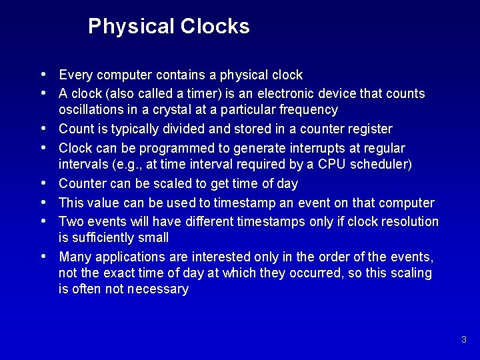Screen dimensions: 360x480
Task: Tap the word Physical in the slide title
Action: click(x=130, y=27)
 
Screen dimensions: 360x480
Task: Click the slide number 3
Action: click(x=463, y=340)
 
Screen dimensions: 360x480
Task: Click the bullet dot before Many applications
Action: click(x=43, y=256)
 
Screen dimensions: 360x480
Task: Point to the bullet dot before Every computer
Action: click(x=43, y=74)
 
